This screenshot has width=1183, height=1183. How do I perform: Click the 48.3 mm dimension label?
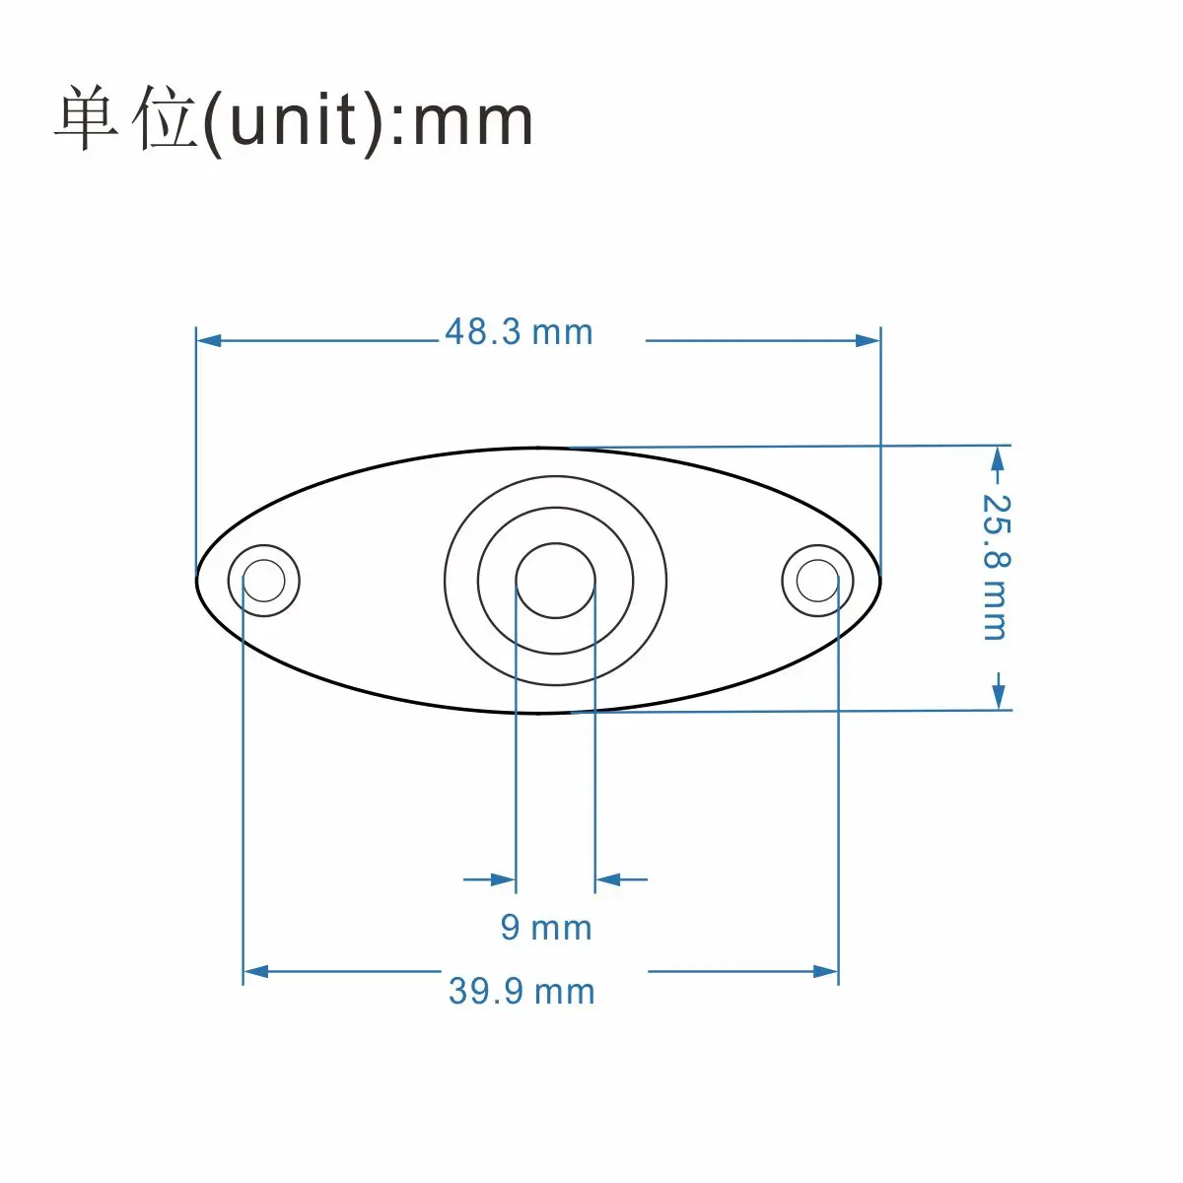click(x=519, y=332)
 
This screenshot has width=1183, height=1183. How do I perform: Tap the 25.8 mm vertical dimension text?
click(x=997, y=566)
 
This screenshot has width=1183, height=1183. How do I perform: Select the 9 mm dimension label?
click(x=545, y=927)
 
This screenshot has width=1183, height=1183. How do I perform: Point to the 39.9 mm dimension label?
click(x=522, y=990)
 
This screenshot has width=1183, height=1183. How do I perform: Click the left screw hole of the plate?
click(x=263, y=580)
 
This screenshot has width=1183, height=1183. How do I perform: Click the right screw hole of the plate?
click(x=817, y=580)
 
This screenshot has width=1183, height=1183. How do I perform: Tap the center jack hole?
click(x=556, y=580)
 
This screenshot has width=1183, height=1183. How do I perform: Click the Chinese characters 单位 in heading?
click(x=125, y=120)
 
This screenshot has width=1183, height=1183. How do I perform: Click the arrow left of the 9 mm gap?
click(x=503, y=878)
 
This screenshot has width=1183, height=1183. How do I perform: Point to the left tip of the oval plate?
click(x=198, y=580)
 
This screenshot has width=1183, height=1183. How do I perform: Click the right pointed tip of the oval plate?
click(x=878, y=580)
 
